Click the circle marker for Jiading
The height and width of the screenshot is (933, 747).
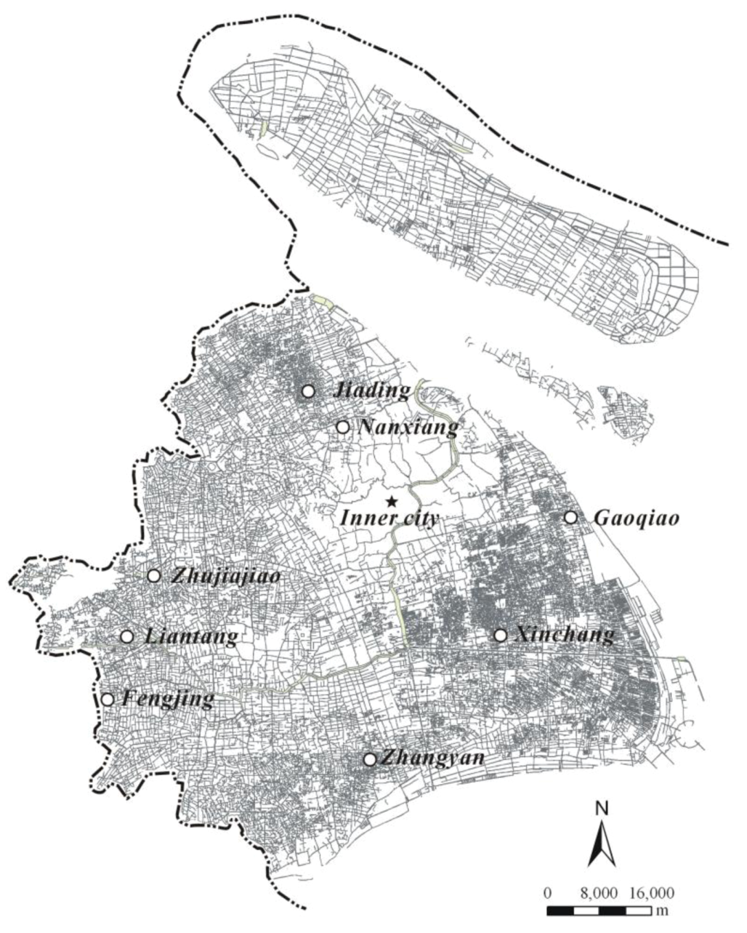(x=308, y=391)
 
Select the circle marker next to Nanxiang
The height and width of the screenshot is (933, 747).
(x=342, y=427)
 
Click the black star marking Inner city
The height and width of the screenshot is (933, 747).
(x=391, y=501)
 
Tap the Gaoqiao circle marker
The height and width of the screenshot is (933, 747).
(x=570, y=517)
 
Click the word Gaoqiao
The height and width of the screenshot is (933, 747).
(x=636, y=518)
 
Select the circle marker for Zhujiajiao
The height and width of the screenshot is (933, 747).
(x=154, y=575)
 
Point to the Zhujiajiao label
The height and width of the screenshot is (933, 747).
(x=226, y=577)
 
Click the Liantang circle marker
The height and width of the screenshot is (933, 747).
(x=126, y=636)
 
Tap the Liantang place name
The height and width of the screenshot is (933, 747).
(x=192, y=637)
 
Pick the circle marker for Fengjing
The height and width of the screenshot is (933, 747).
(x=107, y=700)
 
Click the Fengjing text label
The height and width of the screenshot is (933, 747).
(x=168, y=700)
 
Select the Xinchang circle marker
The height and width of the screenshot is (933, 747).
(x=500, y=635)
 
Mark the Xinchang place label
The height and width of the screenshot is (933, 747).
(x=564, y=636)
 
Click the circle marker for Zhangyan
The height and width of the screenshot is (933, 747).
(x=370, y=759)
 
